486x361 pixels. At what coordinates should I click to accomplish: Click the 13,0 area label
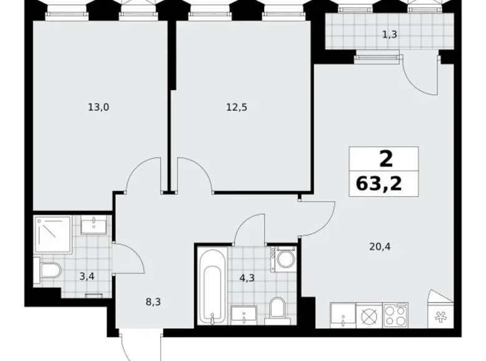98,107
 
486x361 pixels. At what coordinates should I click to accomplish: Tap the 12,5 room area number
237,107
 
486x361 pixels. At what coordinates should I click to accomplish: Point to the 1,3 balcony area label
389,35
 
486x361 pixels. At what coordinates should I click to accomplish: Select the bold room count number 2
386,159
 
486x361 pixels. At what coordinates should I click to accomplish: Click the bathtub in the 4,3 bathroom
212,285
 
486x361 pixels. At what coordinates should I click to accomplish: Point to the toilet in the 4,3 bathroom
279,307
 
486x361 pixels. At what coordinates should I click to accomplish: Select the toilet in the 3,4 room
48,270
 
